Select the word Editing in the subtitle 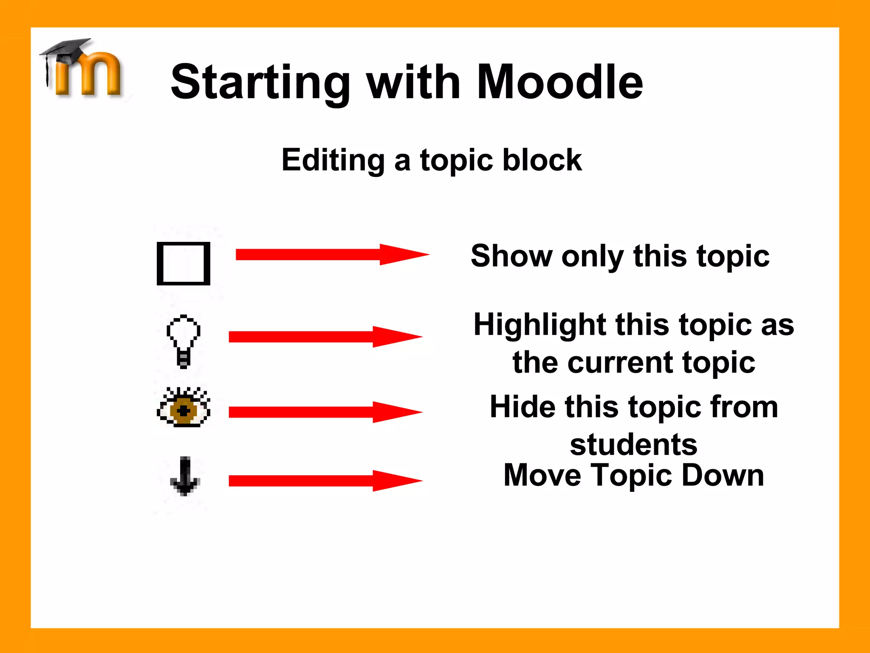click(333, 161)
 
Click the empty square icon click(184, 264)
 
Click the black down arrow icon click(185, 476)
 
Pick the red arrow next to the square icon click(331, 255)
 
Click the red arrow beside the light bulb click(325, 337)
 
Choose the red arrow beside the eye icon click(325, 412)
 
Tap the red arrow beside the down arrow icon click(325, 481)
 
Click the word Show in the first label click(511, 256)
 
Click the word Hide click(522, 407)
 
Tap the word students click(633, 445)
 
